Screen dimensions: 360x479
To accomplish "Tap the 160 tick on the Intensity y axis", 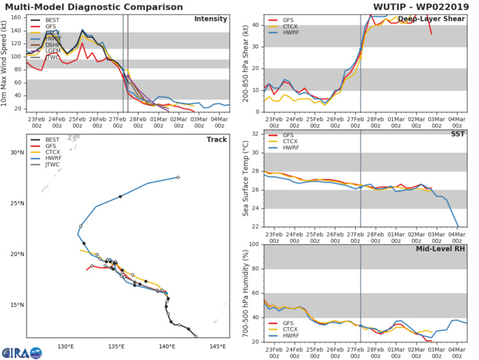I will click(x=16, y=18).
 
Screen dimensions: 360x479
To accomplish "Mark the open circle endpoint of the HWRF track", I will click(x=178, y=178).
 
